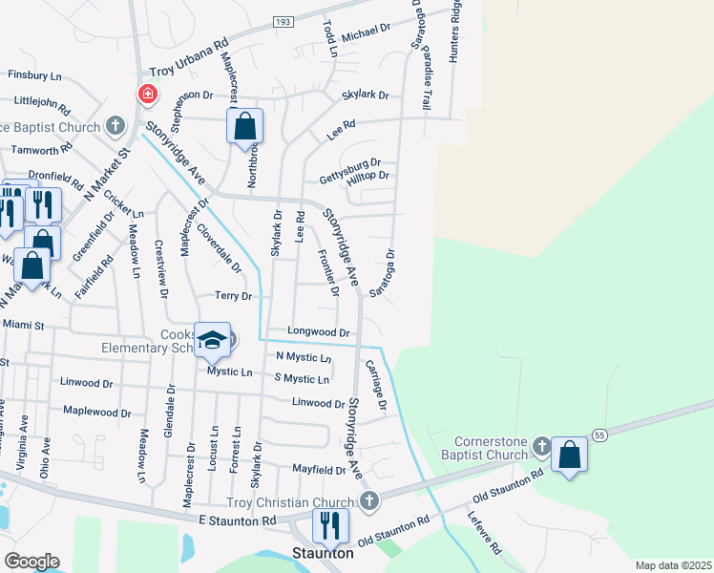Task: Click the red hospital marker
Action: (148, 94)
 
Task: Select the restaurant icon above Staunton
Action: (331, 525)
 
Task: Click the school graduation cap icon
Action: (212, 340)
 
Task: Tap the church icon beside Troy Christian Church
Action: (369, 501)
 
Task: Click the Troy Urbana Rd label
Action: (190, 58)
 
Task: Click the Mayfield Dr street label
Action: (319, 470)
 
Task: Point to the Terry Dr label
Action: (233, 297)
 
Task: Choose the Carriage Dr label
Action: (374, 386)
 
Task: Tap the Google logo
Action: (31, 561)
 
